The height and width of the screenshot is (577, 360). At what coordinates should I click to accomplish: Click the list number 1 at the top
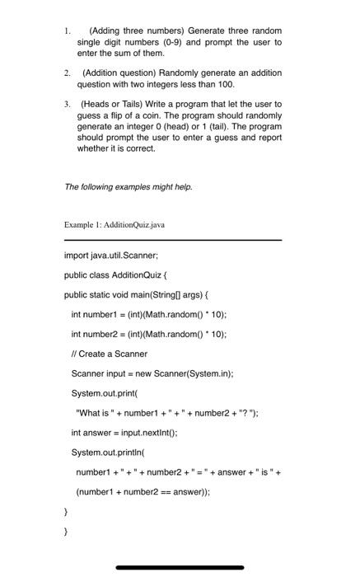(67, 30)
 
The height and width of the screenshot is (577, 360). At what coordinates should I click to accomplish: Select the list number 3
(67, 105)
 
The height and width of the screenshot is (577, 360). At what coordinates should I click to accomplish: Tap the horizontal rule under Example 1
(172, 239)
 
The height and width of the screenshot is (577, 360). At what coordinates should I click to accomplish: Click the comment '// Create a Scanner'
(110, 354)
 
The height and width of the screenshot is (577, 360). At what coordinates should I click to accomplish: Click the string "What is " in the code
(97, 413)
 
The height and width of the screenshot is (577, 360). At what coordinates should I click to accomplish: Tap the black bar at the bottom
(180, 567)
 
